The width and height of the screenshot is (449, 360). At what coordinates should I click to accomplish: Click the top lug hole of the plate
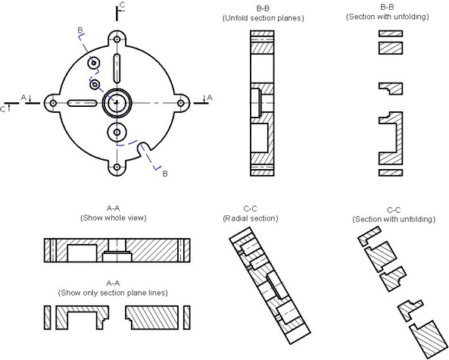(x=117, y=39)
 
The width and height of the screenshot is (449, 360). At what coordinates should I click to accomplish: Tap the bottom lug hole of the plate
(x=117, y=167)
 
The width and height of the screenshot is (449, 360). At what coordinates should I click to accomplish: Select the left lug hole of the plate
(x=53, y=103)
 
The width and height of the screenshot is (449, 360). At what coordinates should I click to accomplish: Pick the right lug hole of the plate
(x=180, y=103)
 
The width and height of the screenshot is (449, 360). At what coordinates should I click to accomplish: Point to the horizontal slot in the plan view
(x=83, y=103)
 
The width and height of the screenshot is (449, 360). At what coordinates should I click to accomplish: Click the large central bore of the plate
(x=117, y=103)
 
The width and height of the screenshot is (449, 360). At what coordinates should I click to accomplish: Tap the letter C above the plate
(x=122, y=5)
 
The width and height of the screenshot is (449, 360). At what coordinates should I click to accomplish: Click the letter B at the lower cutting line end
(x=165, y=174)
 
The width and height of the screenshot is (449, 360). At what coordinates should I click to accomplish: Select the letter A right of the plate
(x=210, y=98)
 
